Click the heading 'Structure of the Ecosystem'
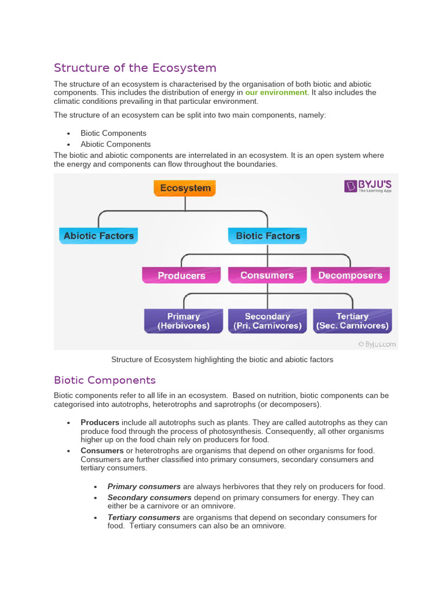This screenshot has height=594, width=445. (135, 68)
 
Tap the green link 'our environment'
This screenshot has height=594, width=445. (276, 93)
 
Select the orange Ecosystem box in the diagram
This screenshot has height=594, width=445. (185, 188)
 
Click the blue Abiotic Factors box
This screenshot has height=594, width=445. (99, 236)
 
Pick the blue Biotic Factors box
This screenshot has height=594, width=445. (268, 236)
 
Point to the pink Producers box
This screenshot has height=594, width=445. (181, 276)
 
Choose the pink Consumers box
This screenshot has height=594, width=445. (267, 275)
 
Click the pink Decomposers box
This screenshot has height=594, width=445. (350, 276)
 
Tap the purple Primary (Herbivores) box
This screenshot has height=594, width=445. (183, 321)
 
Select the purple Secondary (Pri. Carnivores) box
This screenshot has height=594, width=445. (267, 321)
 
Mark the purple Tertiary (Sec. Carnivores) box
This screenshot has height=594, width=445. (352, 321)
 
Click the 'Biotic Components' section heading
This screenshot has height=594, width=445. (105, 381)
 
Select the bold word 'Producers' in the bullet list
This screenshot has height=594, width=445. (100, 422)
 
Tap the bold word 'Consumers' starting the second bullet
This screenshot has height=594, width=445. (102, 451)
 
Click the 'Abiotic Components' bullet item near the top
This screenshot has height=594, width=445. (115, 144)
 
